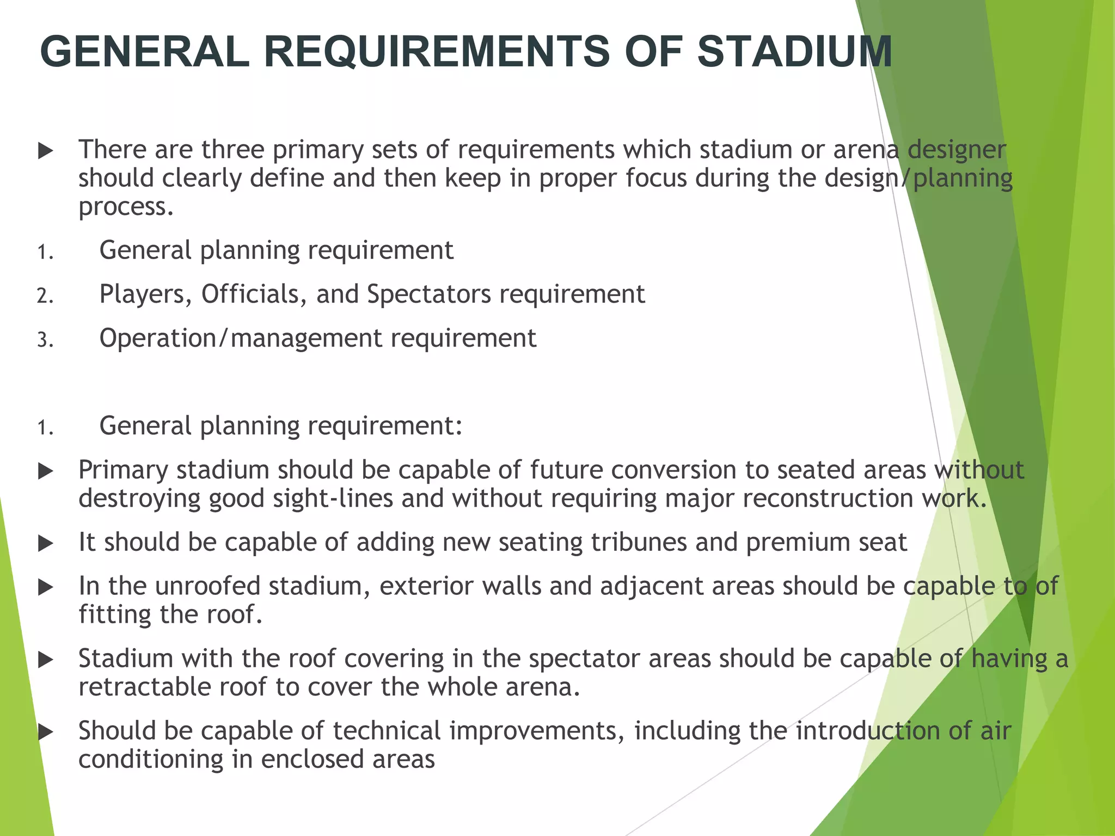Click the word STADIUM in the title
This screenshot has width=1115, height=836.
pos(794,52)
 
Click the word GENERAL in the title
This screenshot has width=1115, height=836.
pos(144,52)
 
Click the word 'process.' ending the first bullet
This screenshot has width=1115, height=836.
pos(126,207)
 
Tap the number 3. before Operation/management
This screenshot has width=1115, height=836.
pos(45,340)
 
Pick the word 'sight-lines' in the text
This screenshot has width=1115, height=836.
pos(333,499)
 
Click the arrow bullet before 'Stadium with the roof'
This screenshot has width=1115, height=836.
pos(46,660)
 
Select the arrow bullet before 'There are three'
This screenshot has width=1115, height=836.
pos(46,151)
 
